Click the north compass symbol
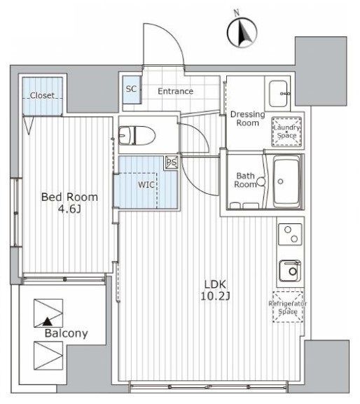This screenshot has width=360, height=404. (242, 32)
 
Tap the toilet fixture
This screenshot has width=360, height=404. (137, 135)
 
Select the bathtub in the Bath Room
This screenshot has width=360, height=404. (286, 181)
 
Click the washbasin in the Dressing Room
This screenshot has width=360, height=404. (279, 94)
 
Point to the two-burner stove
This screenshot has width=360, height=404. (290, 234)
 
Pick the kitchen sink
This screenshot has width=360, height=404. (290, 270)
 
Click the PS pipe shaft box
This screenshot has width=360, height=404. (172, 162)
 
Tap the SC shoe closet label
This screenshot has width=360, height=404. (131, 89)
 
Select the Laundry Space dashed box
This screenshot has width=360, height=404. (287, 132)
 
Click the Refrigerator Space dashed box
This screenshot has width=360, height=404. (288, 307)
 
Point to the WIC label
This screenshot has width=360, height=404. (146, 184)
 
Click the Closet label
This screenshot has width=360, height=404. (42, 96)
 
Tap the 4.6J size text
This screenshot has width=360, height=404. (69, 209)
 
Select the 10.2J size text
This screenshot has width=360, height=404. (215, 296)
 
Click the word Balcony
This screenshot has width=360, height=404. (67, 333)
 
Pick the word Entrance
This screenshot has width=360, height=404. (176, 91)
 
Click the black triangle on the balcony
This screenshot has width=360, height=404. (47, 321)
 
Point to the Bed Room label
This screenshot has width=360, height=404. (69, 197)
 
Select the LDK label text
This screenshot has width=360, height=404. (215, 284)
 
